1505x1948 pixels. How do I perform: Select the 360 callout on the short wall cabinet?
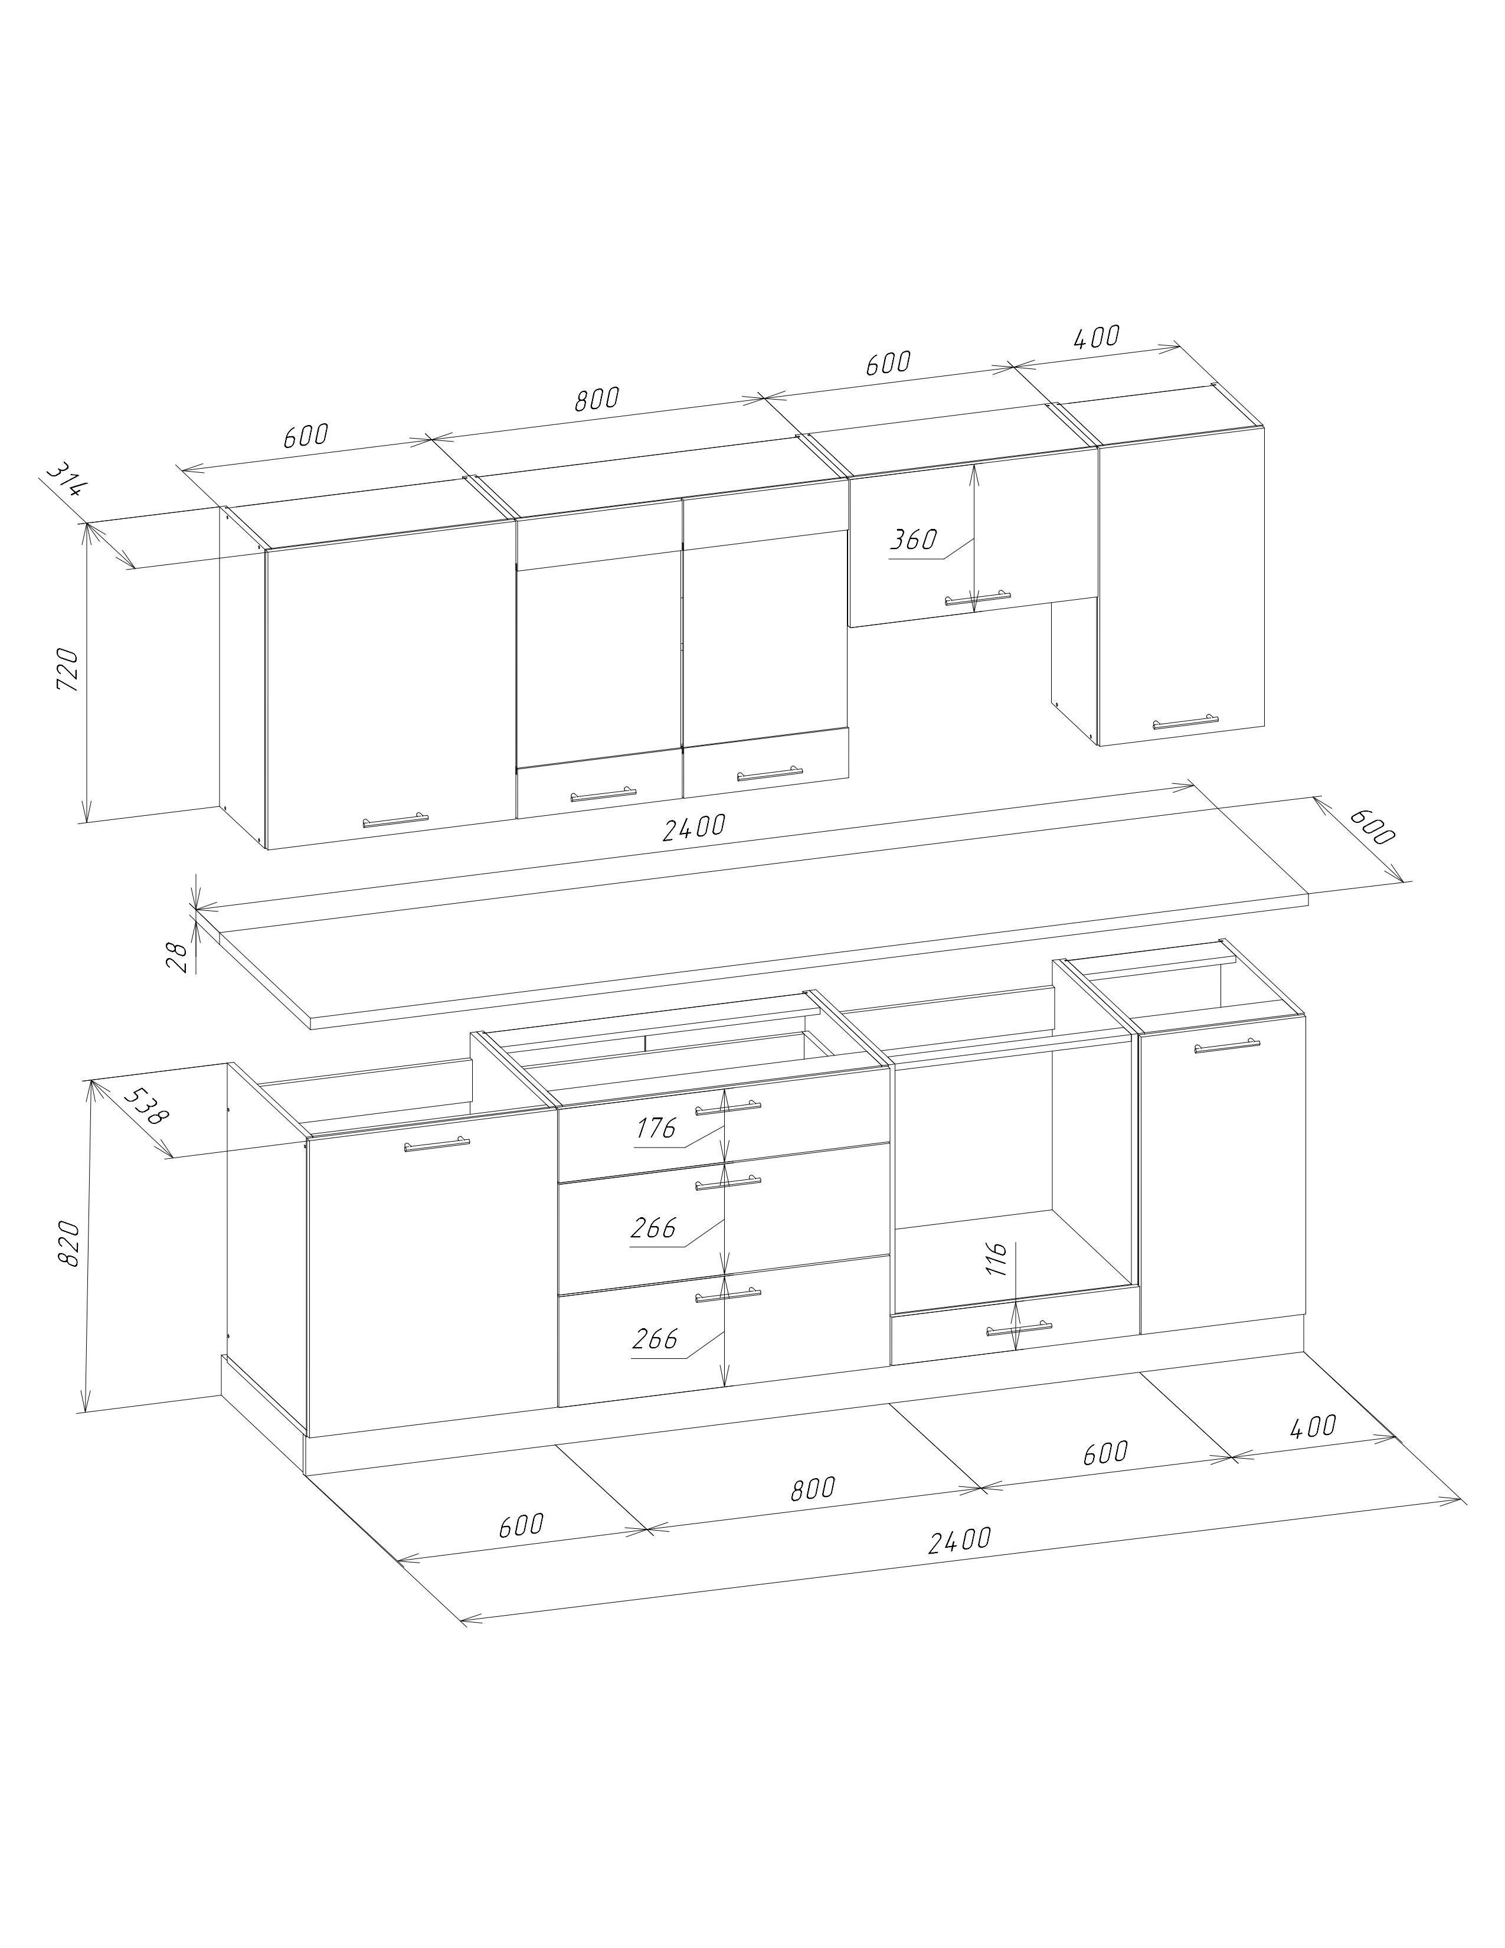914,540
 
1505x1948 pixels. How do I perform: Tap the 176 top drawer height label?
656,1128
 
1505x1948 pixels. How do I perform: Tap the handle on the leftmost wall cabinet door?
395,821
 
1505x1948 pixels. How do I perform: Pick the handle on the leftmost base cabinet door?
437,1145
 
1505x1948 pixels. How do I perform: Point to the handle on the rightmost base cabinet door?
1228,1045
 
